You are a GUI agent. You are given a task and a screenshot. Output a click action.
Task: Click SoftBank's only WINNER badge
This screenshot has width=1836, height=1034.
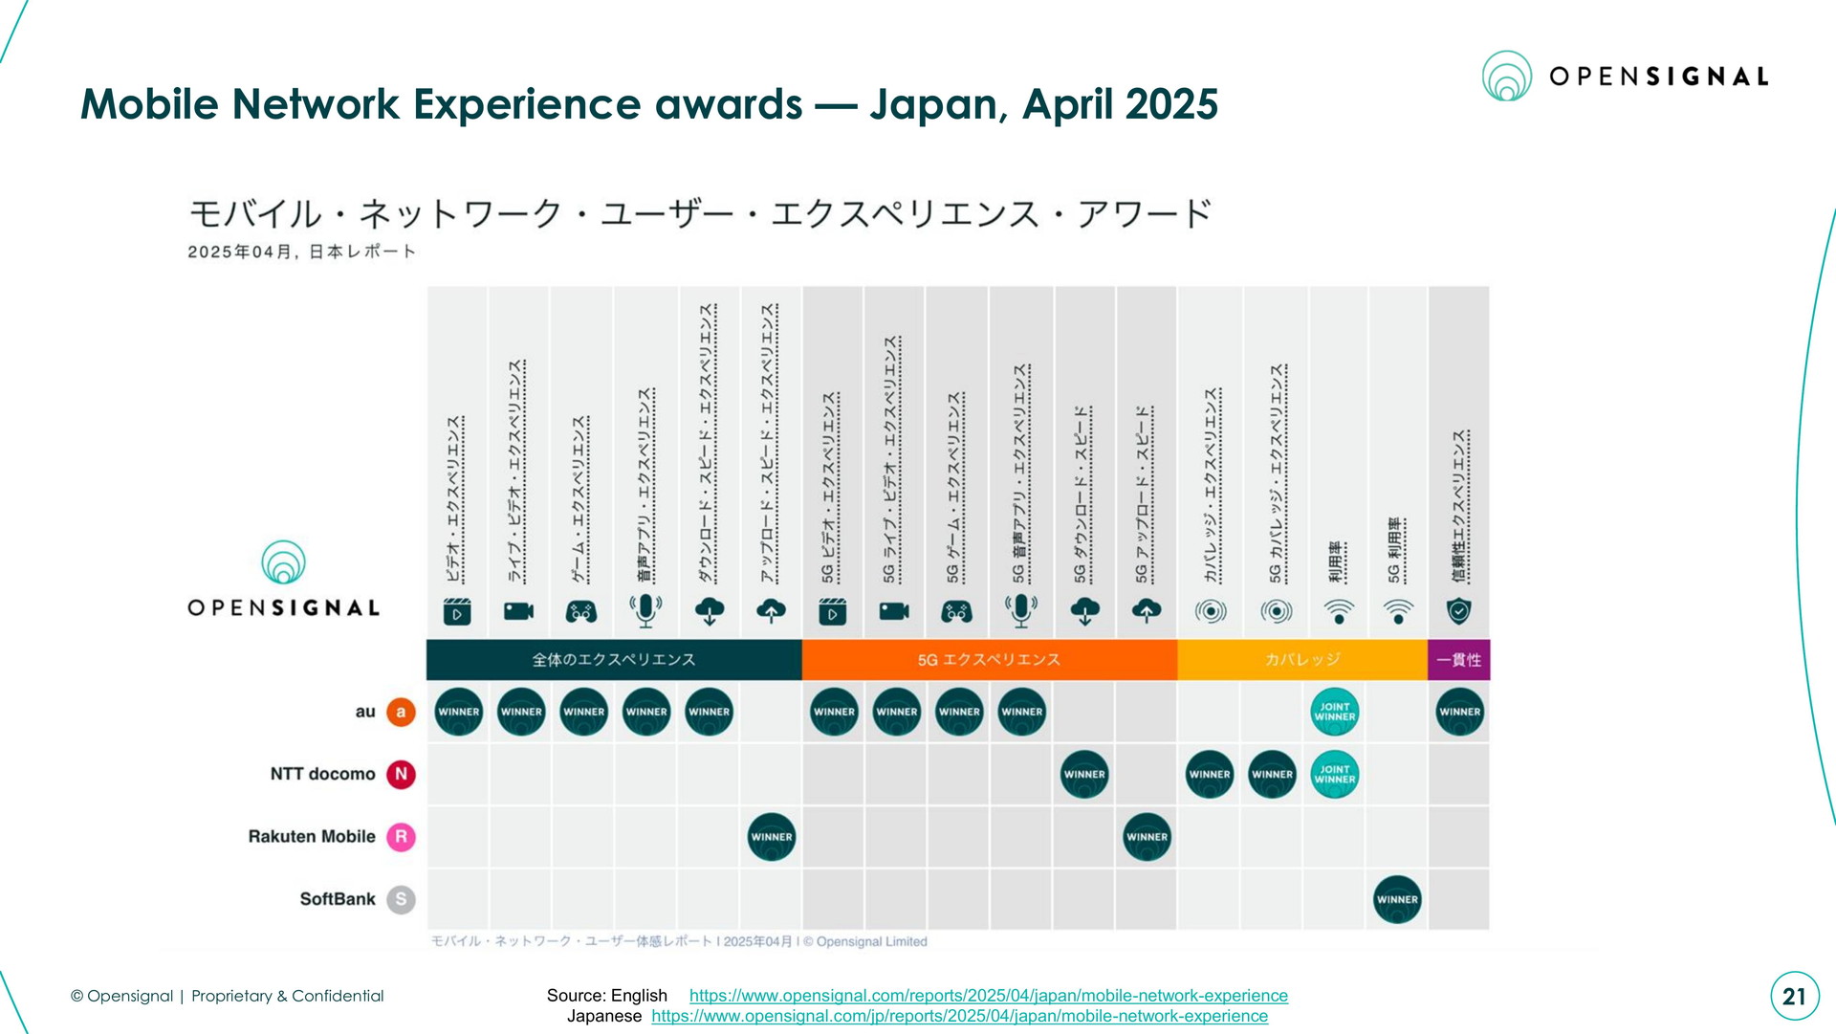[1397, 899]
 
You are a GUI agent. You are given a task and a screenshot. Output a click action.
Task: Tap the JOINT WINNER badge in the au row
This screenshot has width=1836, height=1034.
[1335, 712]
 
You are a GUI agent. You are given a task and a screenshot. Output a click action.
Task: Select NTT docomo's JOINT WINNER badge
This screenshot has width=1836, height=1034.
[1335, 774]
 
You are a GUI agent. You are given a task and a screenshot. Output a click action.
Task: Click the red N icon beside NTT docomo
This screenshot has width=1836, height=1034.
[401, 774]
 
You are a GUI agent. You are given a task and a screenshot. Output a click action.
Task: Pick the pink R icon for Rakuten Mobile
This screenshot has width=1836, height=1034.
[401, 837]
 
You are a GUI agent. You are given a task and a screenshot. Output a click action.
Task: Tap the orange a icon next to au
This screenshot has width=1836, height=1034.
[401, 712]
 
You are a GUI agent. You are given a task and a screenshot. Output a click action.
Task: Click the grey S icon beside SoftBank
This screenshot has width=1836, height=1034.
[401, 899]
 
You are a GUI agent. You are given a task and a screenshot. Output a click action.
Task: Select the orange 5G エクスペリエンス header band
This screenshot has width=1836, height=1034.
[989, 660]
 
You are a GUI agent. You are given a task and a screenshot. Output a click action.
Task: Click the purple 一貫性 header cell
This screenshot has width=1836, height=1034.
[1458, 660]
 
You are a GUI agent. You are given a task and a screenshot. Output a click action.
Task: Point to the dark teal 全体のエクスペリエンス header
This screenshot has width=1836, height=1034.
[614, 660]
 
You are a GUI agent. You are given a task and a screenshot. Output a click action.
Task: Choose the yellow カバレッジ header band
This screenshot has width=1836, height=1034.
[1302, 660]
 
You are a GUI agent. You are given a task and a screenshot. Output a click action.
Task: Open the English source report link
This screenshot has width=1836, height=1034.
[988, 996]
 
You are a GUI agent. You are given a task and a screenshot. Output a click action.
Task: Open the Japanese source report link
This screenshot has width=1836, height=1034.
[959, 1016]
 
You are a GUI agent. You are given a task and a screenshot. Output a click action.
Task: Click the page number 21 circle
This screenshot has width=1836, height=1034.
[1794, 997]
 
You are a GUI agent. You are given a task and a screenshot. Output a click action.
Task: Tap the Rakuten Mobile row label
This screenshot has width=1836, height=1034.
[312, 837]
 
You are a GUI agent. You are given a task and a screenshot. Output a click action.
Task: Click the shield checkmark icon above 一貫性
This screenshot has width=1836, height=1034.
[1458, 610]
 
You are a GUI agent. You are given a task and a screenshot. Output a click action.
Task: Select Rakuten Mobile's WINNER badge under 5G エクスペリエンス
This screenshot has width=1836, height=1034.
[1147, 837]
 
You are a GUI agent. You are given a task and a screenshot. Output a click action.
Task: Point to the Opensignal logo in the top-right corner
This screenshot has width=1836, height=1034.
[1625, 77]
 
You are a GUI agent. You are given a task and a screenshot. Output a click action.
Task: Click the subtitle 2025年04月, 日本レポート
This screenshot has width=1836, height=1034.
[302, 253]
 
